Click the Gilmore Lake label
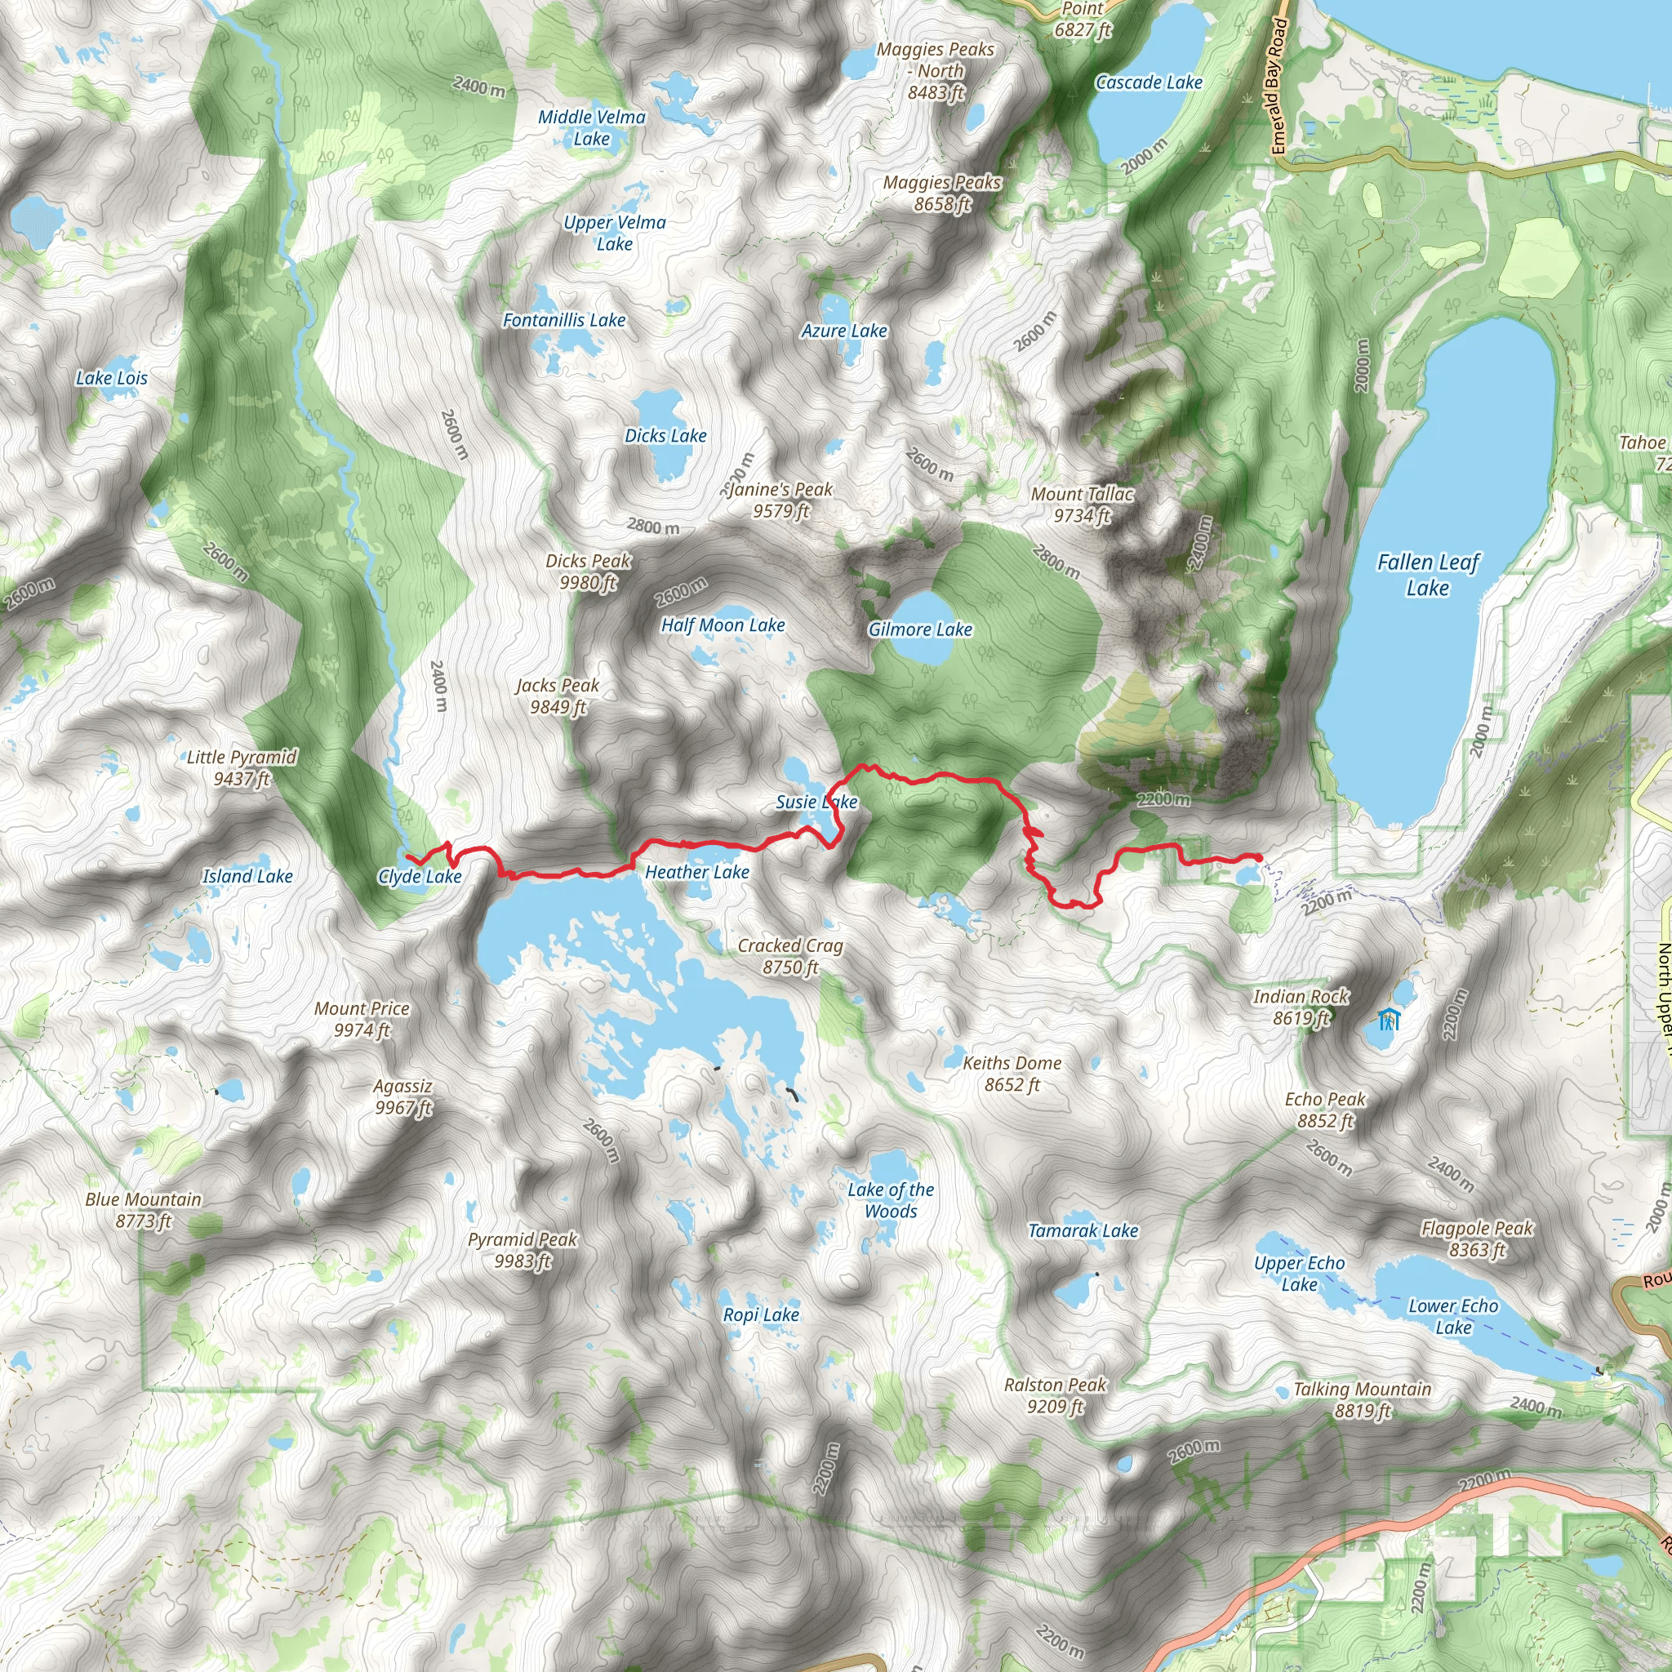(920, 629)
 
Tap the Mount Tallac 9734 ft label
(1082, 505)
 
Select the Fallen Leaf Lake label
(1428, 575)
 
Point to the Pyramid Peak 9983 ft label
(522, 1250)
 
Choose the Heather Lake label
(696, 873)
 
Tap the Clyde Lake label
(420, 877)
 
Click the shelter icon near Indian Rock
(1388, 1020)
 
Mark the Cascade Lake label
(1149, 82)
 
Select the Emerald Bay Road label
(1278, 87)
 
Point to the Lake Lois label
(112, 378)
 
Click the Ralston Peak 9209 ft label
(1055, 1395)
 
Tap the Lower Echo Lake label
(1453, 1316)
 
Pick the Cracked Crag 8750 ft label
(790, 956)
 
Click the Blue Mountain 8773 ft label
(144, 1210)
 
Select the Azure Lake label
(844, 331)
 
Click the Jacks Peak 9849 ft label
(558, 696)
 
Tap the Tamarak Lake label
(1083, 1230)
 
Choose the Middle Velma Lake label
(592, 127)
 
